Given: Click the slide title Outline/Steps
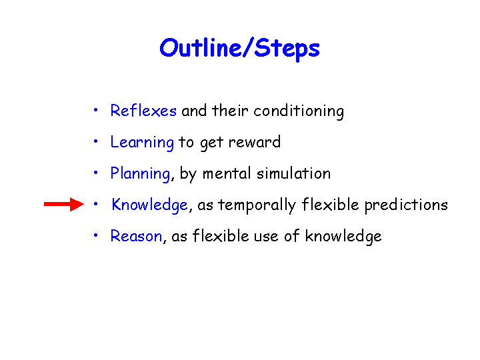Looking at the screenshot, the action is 240,49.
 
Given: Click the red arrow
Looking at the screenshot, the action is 64,204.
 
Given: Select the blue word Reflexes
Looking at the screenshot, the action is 143,110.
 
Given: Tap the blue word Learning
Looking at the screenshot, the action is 142,143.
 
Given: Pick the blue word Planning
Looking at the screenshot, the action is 140,174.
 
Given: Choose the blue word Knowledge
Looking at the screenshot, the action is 149,205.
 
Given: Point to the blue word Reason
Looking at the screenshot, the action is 136,236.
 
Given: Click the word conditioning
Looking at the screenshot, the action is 299,111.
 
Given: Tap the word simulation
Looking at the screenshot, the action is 294,173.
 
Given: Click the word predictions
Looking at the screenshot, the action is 406,205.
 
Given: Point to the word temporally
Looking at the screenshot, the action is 257,205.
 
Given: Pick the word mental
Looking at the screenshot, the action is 227,173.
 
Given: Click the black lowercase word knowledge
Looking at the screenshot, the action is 343,236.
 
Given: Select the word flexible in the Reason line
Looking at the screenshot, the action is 221,236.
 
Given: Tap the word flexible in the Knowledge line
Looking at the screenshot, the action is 330,204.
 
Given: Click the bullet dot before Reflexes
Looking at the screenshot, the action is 96,109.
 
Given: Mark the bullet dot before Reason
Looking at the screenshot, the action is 96,235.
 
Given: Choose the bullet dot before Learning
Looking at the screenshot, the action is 96,141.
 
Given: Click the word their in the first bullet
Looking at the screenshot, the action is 230,110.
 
